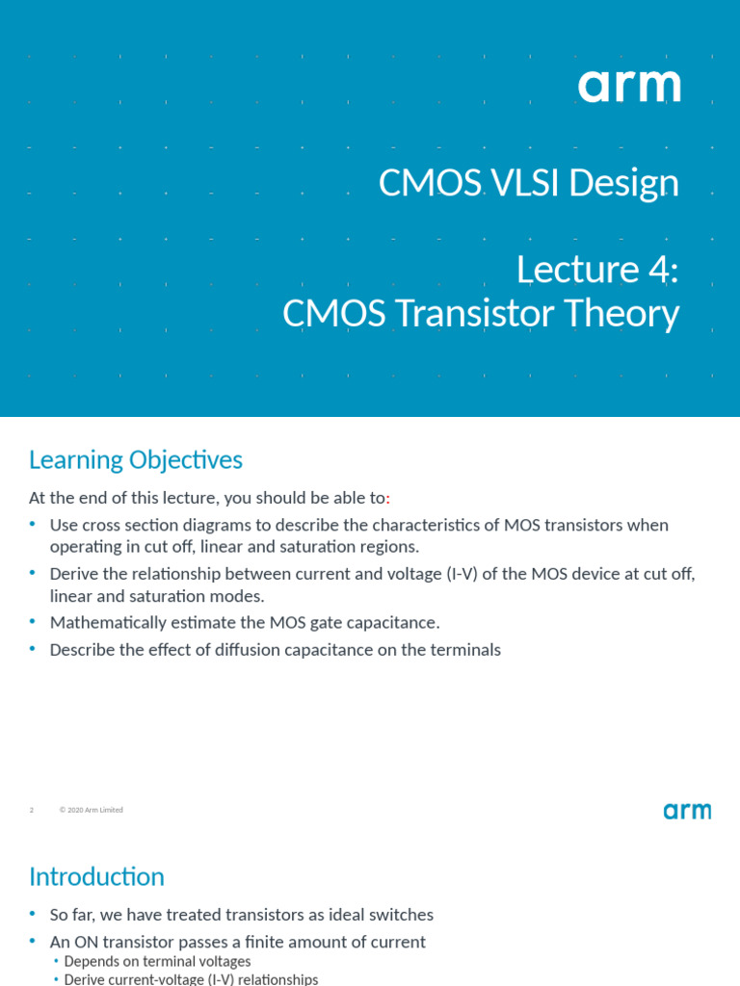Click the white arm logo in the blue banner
tap(629, 87)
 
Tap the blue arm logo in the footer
tap(687, 811)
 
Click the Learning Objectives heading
tap(136, 460)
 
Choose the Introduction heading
tap(96, 877)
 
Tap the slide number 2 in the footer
tap(32, 811)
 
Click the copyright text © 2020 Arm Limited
tap(92, 811)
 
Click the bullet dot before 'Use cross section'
tap(33, 525)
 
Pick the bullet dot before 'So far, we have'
tap(33, 914)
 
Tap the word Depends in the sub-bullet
tap(92, 962)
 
